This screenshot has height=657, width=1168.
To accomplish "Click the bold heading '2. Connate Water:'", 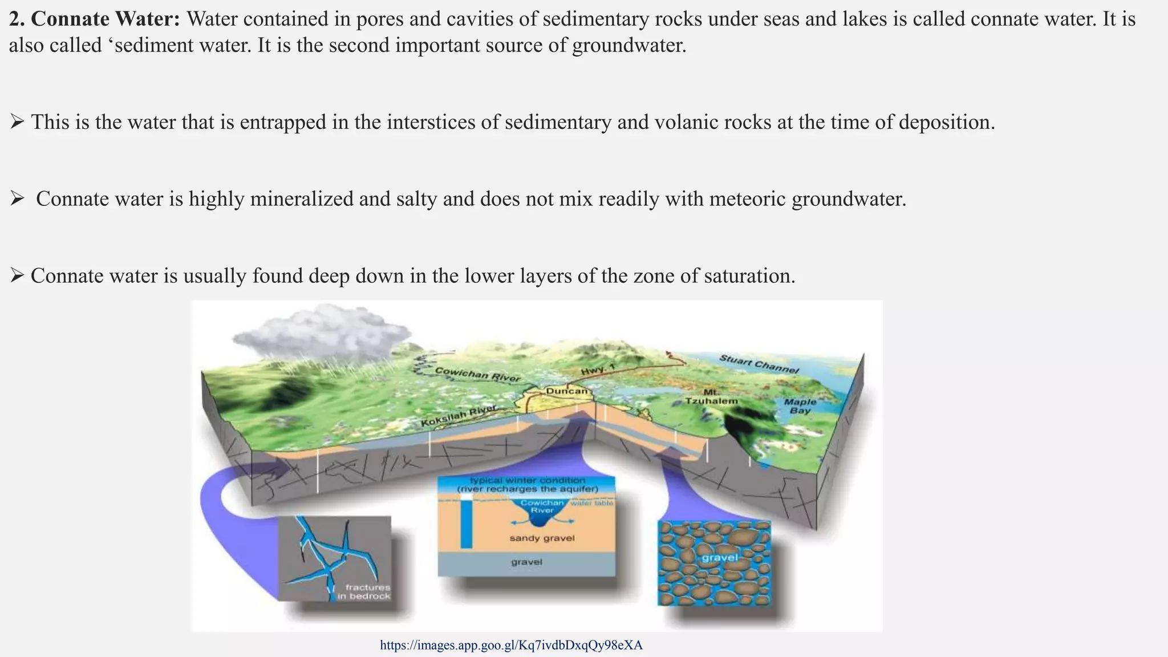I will pyautogui.click(x=94, y=19).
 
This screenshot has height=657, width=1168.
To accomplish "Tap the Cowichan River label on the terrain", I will pyautogui.click(x=477, y=374).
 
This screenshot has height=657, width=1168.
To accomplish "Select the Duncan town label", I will pyautogui.click(x=566, y=391).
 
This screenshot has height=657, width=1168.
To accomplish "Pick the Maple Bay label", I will pyautogui.click(x=800, y=406).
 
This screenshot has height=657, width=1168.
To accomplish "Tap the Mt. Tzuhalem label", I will pyautogui.click(x=711, y=397).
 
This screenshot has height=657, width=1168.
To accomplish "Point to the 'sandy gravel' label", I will pyautogui.click(x=542, y=538).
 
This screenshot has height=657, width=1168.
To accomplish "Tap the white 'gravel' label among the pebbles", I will pyautogui.click(x=720, y=557).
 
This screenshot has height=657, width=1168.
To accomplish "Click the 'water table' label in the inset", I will pyautogui.click(x=592, y=503).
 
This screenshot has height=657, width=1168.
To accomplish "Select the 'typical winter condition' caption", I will pyautogui.click(x=527, y=480).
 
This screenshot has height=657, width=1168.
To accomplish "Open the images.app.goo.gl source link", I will pyautogui.click(x=511, y=645).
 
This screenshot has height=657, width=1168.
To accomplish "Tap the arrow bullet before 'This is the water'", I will pyautogui.click(x=17, y=121).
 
